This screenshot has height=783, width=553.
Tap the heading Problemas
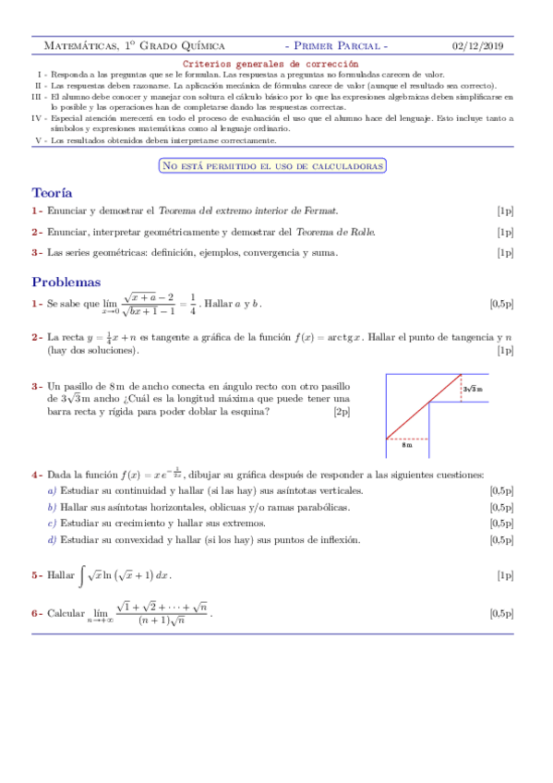click(66, 282)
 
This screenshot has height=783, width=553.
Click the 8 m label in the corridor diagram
click(406, 445)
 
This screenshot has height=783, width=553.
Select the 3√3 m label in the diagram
click(472, 390)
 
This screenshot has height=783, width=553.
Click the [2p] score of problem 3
click(342, 413)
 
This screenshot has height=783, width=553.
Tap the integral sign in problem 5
click(82, 574)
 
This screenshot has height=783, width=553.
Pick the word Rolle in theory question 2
click(360, 232)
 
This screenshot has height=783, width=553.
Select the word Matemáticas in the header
click(79, 45)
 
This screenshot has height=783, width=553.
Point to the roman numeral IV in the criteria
click(37, 118)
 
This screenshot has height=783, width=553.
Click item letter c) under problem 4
click(52, 524)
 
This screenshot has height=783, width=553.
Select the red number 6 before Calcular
click(35, 612)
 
